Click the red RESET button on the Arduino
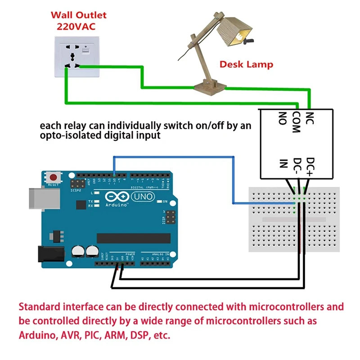pos(54,178)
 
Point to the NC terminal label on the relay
pos(310,118)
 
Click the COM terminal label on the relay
pos(296,121)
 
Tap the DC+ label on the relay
pos(310,166)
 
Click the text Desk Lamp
pos(246,64)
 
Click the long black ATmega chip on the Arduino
pos(134,238)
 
